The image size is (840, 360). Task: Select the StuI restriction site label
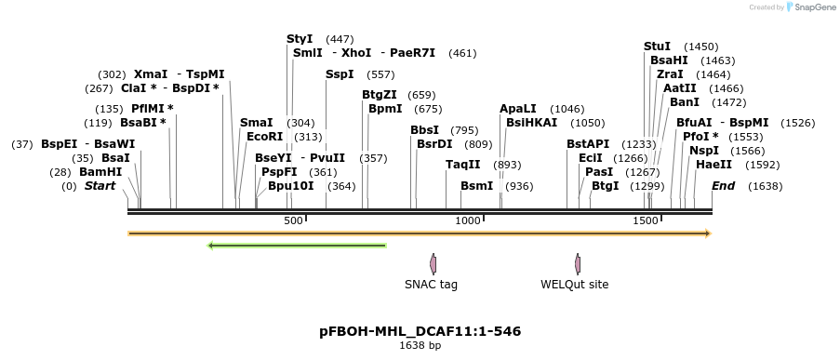tap(657, 47)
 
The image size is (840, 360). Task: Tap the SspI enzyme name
tap(340, 74)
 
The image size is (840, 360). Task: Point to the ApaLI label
tap(518, 109)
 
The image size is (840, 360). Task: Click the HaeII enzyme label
tap(713, 165)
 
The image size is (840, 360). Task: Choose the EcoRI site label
tap(264, 137)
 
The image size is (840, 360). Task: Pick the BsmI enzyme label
tap(477, 186)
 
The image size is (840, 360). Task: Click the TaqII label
tap(463, 165)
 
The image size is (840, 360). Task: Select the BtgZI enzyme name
tap(380, 95)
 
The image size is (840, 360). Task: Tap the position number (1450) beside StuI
tap(700, 47)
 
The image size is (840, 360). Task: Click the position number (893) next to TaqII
tap(507, 165)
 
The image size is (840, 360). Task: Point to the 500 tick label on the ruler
tap(293, 220)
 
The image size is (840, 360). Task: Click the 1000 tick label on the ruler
tap(467, 220)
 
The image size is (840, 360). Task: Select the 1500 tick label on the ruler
tap(646, 220)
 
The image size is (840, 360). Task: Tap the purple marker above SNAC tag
tap(433, 263)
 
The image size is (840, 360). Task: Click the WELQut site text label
tap(574, 285)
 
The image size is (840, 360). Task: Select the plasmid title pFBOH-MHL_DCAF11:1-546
tap(420, 331)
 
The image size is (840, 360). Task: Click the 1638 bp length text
tap(420, 346)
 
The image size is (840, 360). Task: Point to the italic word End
tap(723, 186)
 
